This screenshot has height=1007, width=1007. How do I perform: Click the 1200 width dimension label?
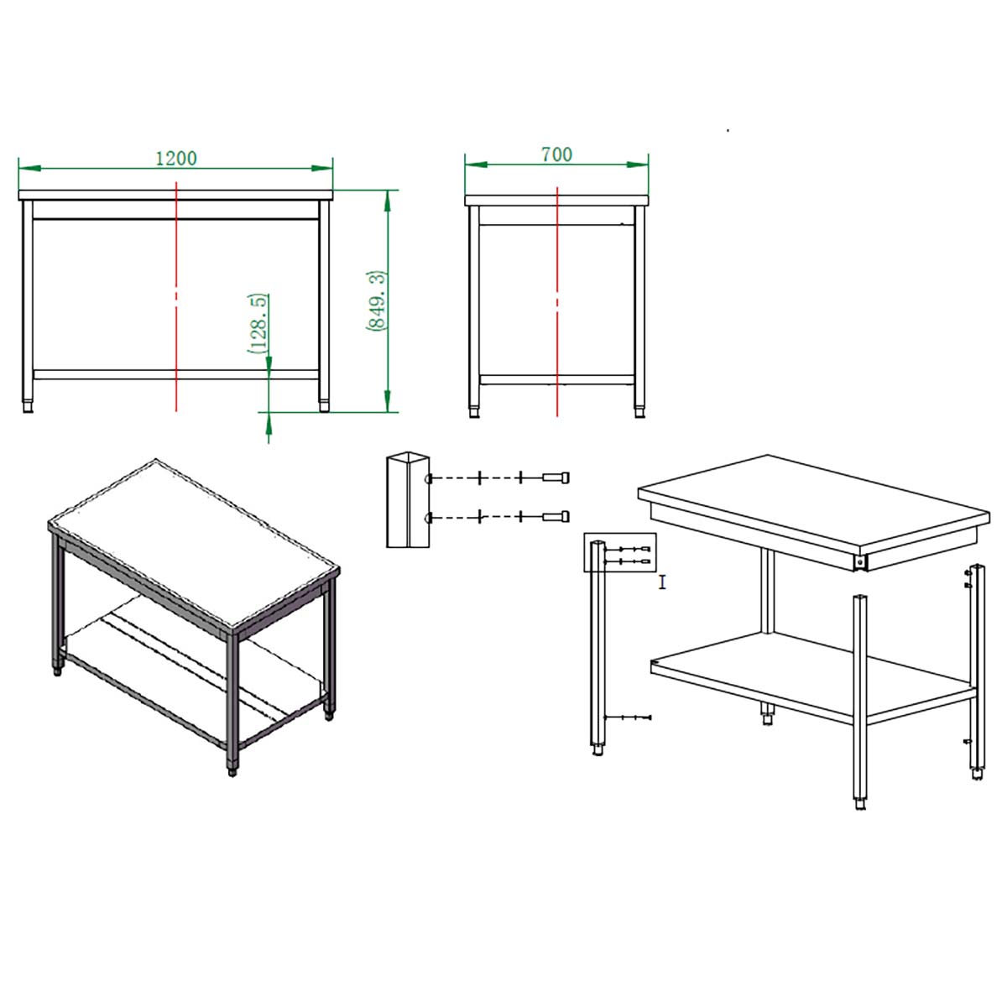click(x=176, y=158)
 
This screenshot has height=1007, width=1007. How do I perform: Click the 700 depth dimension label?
click(x=556, y=154)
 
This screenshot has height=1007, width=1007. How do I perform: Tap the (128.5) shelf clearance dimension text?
click(x=258, y=324)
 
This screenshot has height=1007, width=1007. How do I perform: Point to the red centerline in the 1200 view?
click(x=176, y=297)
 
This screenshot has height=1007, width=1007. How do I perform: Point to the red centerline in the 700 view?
click(x=557, y=302)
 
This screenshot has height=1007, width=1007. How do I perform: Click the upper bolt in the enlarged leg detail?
click(x=556, y=477)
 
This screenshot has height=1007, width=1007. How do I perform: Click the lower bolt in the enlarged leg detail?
click(x=556, y=516)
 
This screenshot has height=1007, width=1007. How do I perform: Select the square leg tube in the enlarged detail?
click(x=408, y=500)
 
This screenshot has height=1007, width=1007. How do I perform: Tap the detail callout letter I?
click(x=662, y=582)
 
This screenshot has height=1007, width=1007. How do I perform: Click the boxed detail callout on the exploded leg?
click(x=619, y=552)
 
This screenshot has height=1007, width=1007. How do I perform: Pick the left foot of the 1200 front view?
click(x=29, y=407)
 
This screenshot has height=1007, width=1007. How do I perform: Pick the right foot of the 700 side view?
click(x=639, y=412)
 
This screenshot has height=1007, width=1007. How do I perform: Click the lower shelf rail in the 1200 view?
click(x=176, y=374)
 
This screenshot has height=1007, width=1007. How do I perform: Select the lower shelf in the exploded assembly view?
click(x=813, y=678)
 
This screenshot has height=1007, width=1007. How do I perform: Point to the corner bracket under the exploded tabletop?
click(x=858, y=562)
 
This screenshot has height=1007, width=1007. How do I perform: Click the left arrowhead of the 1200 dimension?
click(x=29, y=169)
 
